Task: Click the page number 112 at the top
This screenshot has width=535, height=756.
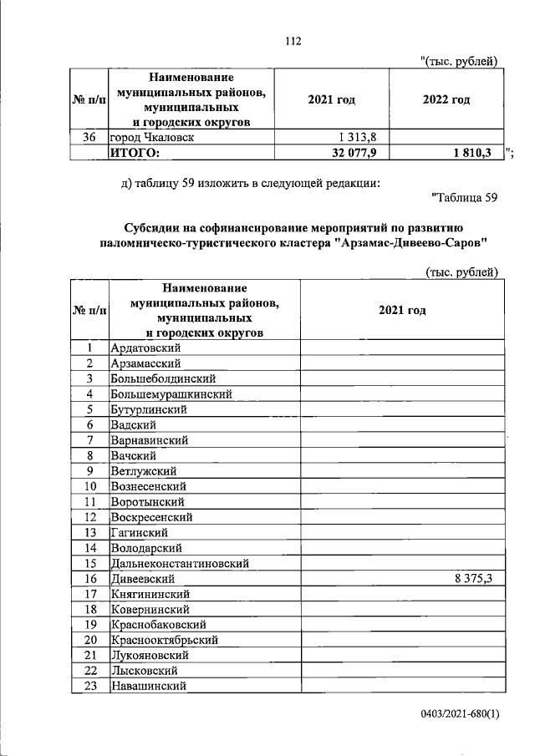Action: click(x=292, y=40)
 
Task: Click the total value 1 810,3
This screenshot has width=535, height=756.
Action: click(x=474, y=152)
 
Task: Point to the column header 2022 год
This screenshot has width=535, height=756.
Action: click(x=446, y=100)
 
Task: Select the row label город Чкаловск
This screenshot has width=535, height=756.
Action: click(x=152, y=137)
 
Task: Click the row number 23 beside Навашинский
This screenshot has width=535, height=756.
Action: click(x=92, y=686)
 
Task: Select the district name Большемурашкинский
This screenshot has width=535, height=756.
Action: click(x=171, y=393)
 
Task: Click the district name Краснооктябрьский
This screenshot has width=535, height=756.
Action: click(x=165, y=640)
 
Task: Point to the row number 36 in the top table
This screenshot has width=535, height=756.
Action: click(x=92, y=137)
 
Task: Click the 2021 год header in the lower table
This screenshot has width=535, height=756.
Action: click(x=402, y=310)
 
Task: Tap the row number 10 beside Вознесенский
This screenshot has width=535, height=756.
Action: click(x=92, y=486)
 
